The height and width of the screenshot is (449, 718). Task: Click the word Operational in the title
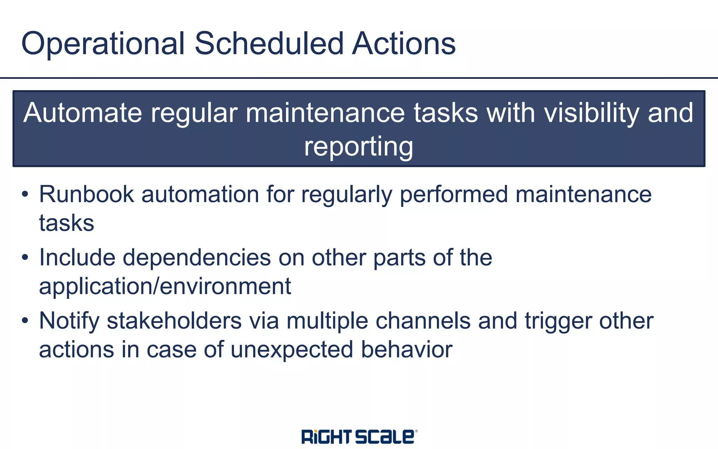pos(102,44)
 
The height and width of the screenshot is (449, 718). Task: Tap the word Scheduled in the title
pos(269,44)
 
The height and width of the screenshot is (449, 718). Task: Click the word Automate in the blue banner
pos(83,113)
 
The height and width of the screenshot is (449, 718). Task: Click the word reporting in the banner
pos(358,147)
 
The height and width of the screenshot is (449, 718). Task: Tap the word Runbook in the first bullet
pos(86,194)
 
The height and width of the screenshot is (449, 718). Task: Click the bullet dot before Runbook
pos(25,195)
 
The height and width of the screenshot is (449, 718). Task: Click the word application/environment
pos(165,286)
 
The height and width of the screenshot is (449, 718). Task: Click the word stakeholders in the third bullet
pos(174,321)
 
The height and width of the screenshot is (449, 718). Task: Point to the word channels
pos(423,321)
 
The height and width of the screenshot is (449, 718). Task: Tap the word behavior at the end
pos(407,349)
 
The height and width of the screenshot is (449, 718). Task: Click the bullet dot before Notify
pos(25,321)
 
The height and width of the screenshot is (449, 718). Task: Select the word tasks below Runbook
pos(67,223)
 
